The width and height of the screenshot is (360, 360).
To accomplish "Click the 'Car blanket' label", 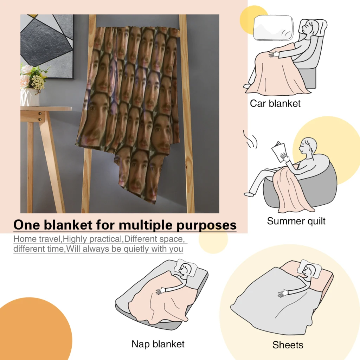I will click(275, 103).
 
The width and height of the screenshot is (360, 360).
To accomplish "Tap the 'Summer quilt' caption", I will click(296, 221).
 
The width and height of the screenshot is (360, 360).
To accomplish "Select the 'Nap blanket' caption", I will click(158, 344).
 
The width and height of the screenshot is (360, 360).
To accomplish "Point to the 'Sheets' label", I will click(288, 345).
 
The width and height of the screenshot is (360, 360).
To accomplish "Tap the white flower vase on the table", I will click(29, 97).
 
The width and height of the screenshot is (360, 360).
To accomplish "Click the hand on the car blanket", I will click(273, 54).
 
